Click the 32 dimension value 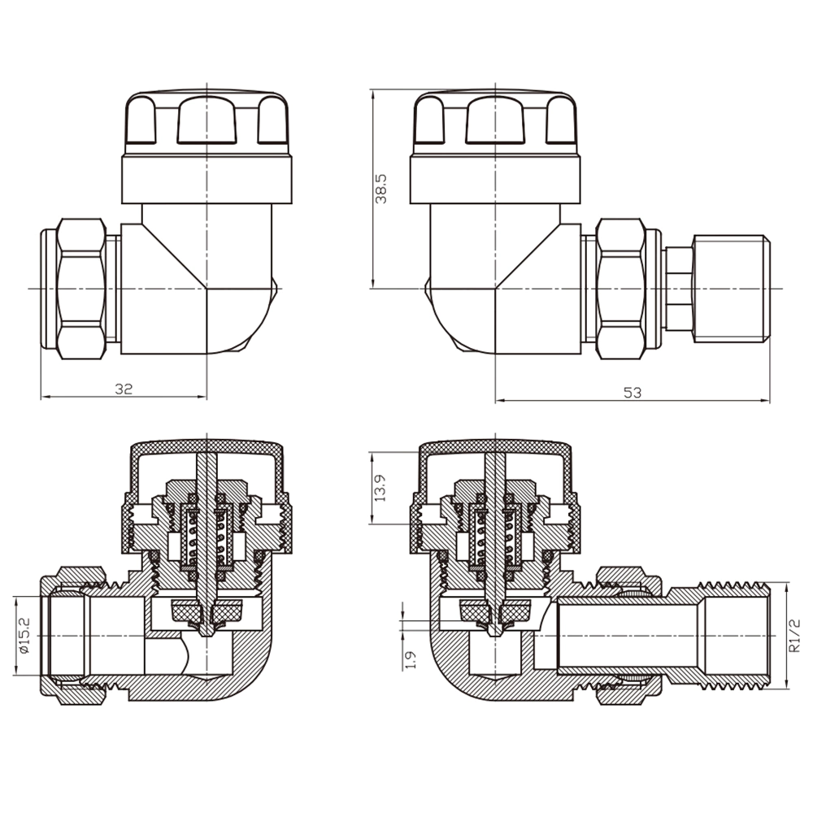[124, 389]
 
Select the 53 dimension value [632, 393]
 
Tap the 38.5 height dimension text [381, 189]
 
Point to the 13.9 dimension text [380, 488]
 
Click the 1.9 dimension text [410, 660]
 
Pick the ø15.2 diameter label [24, 636]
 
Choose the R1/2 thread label [793, 635]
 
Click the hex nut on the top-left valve [81, 289]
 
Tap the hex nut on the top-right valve [621, 289]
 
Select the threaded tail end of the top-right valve [731, 289]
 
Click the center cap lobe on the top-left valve [207, 120]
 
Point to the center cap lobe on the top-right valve [495, 120]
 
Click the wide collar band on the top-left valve [207, 180]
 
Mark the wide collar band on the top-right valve [495, 180]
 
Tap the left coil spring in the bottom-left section [193, 538]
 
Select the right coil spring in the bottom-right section [511, 538]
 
